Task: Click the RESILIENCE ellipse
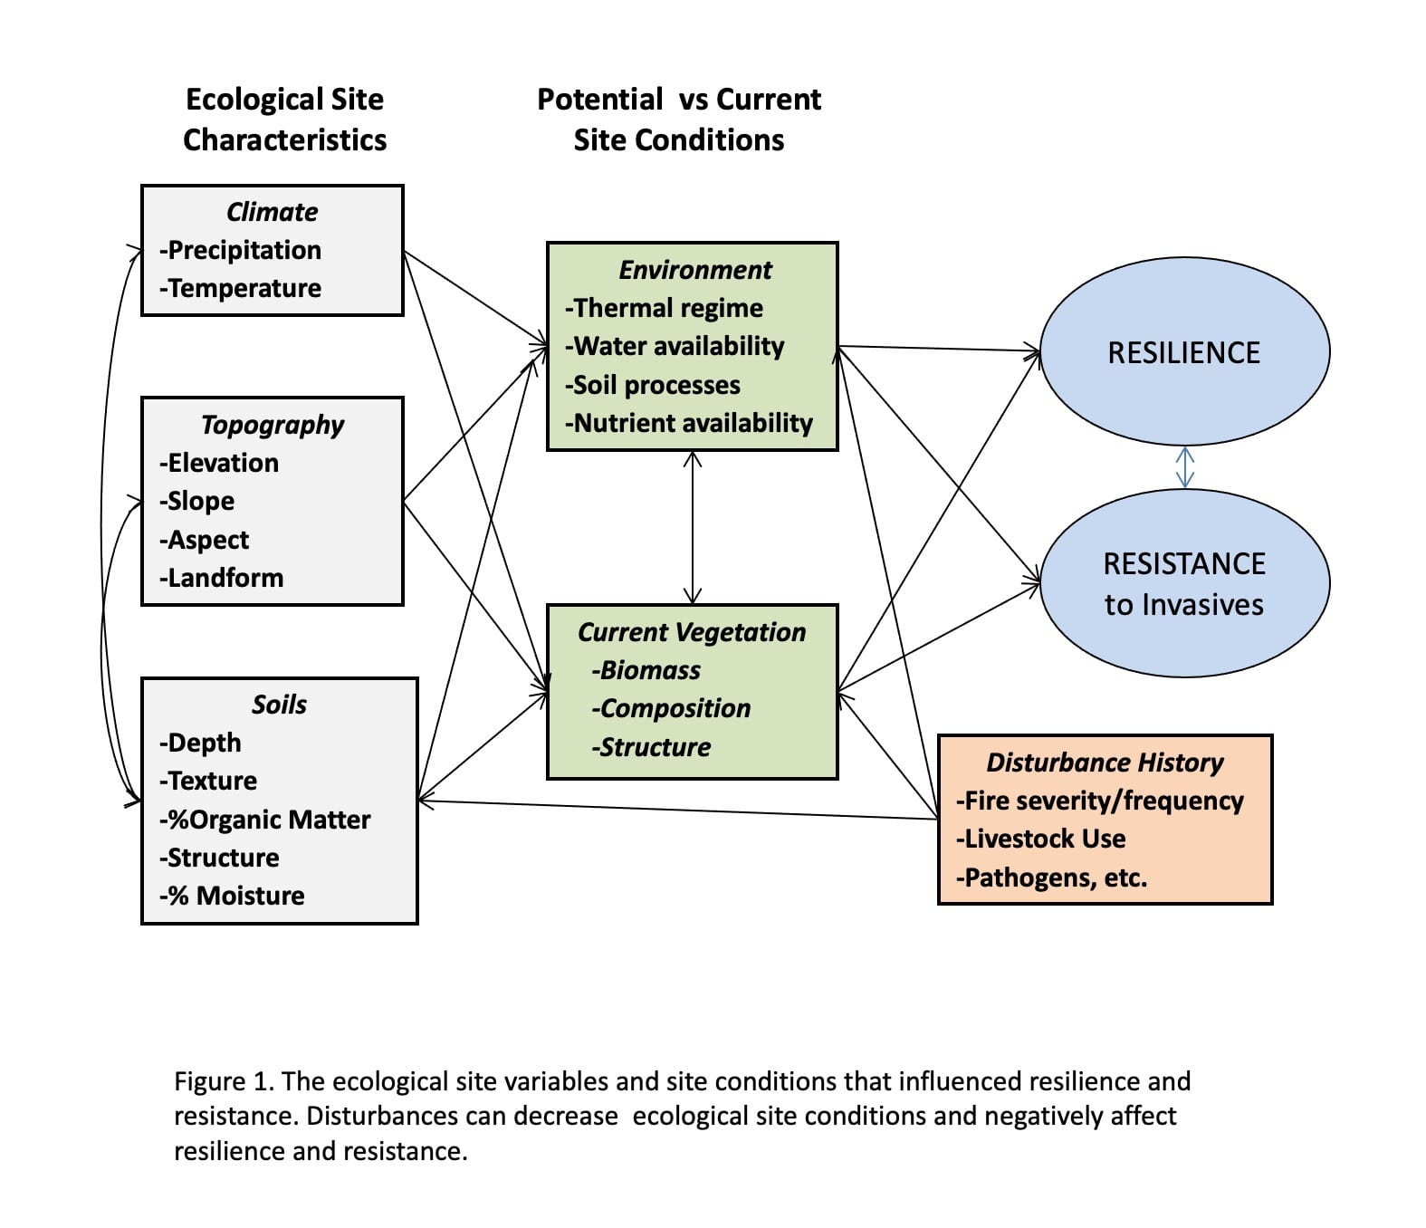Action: tap(1184, 352)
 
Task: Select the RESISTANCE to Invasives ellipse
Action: tap(1184, 583)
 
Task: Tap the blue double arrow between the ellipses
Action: tap(1184, 467)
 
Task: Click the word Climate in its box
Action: tap(272, 212)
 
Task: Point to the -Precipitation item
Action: tap(241, 250)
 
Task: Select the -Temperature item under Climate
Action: tap(241, 288)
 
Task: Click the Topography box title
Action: tap(273, 425)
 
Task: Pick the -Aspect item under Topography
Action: tap(205, 540)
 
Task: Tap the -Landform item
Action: tap(222, 578)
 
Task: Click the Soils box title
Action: tap(279, 705)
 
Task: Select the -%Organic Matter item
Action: tap(265, 820)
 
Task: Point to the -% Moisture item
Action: tap(233, 896)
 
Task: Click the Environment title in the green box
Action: tap(695, 270)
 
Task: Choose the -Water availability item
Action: tap(675, 346)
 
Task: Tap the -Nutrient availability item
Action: tap(689, 423)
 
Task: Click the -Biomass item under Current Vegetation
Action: tap(646, 670)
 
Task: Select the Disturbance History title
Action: tap(1105, 763)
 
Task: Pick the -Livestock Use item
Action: tap(1041, 839)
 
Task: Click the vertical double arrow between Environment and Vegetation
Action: tap(693, 527)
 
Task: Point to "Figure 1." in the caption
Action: tap(224, 1081)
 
